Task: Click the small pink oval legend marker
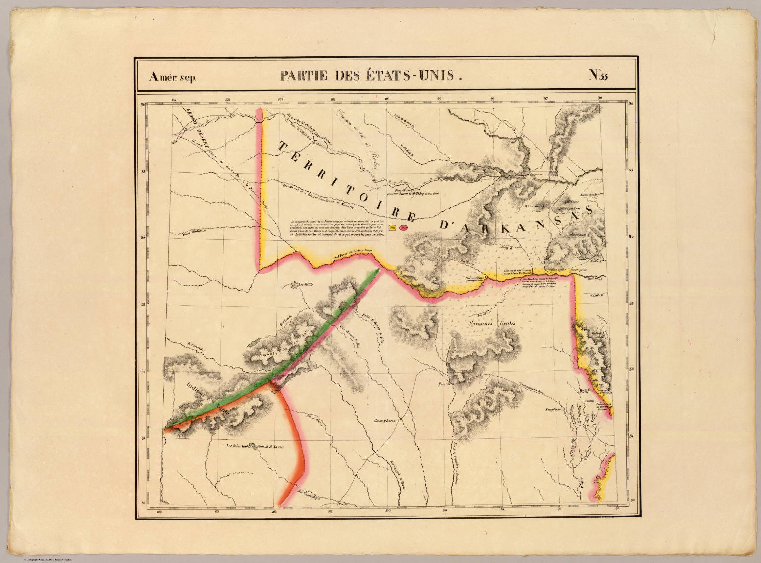[x=403, y=228]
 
